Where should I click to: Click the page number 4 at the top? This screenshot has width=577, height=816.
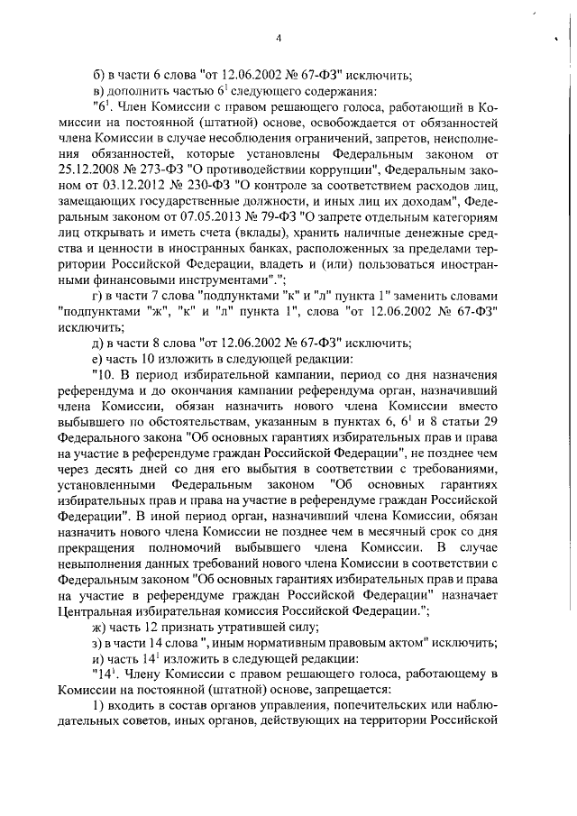(x=279, y=37)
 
